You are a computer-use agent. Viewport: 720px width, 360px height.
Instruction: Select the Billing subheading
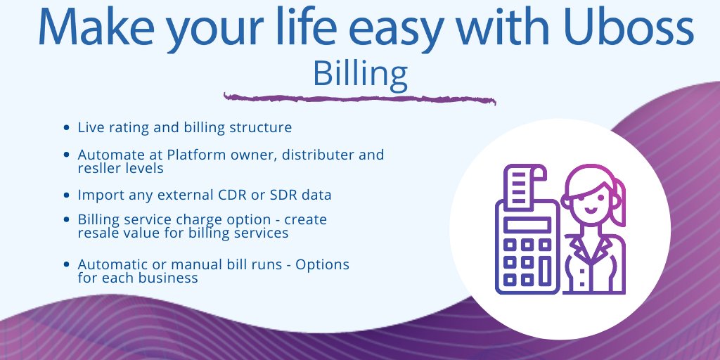[360, 74]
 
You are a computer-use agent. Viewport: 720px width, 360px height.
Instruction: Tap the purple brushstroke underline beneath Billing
[359, 98]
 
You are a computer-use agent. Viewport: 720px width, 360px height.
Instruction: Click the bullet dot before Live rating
[67, 128]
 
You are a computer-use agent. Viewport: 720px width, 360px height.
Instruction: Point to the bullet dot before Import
[67, 195]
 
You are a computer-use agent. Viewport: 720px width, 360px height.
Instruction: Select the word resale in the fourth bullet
[97, 233]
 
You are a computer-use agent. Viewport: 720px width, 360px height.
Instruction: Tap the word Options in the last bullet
[322, 264]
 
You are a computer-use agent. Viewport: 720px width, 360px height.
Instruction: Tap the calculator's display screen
[527, 224]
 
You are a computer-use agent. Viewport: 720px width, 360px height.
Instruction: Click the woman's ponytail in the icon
[619, 202]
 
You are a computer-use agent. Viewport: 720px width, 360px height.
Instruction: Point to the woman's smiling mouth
[591, 211]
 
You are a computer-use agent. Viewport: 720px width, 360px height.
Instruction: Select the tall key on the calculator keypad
[545, 270]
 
